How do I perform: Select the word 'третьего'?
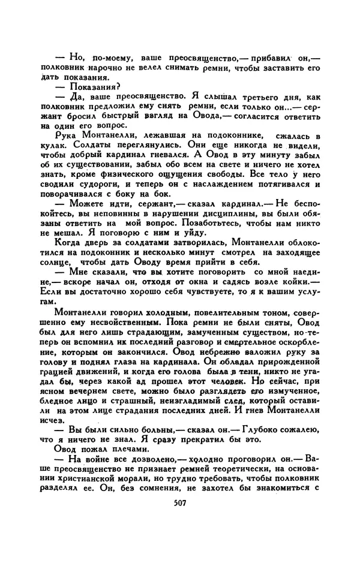[239, 97]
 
